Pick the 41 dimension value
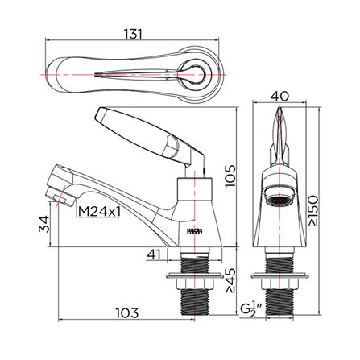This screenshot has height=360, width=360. [155, 254]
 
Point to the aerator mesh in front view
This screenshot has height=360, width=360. [279, 199]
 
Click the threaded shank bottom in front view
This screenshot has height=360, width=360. [279, 309]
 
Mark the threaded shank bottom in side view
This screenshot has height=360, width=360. [192, 309]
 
